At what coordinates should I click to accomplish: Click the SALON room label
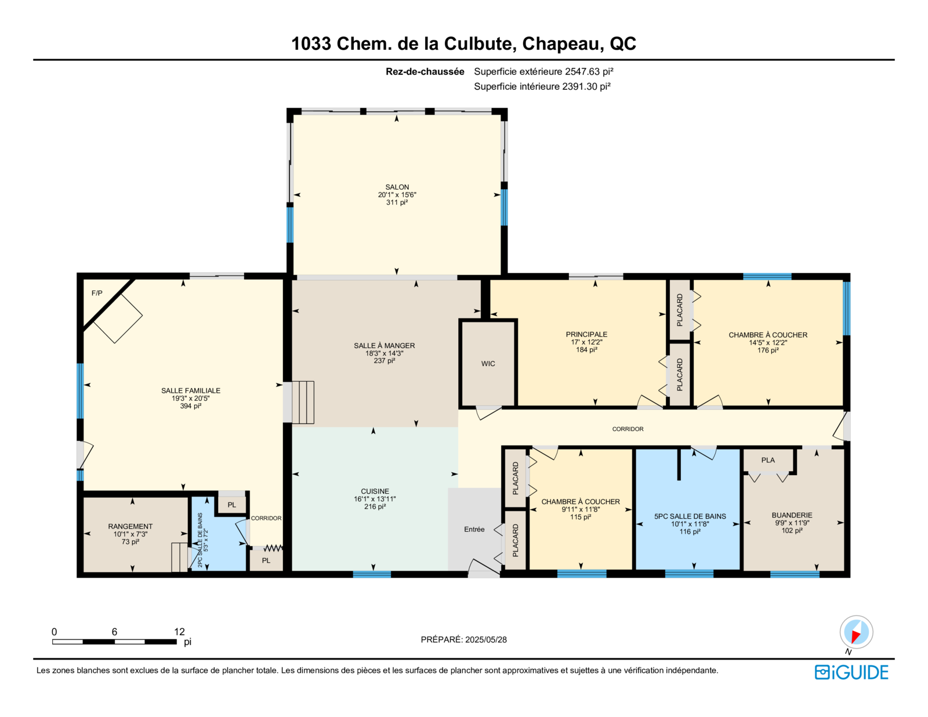pos(397,187)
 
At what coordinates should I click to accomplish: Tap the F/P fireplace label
pos(97,293)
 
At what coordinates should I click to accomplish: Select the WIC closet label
pos(488,363)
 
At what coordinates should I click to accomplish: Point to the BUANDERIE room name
pos(792,515)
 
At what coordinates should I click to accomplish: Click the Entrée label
pos(474,529)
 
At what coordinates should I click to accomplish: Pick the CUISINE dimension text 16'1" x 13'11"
pos(375,499)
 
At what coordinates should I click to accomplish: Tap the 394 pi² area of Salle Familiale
pos(190,405)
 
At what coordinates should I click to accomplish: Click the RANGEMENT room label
pos(130,526)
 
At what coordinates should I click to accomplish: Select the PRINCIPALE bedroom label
pos(586,334)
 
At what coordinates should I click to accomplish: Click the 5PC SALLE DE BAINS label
pos(690,516)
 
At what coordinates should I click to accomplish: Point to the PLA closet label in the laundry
pos(767,460)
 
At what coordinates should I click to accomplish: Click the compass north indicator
pos(856,632)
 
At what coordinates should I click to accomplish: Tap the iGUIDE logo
pos(851,672)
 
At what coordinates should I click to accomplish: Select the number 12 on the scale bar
pos(179,632)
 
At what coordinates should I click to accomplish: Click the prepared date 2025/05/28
pos(485,639)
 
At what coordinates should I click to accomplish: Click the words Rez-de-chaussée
pos(425,72)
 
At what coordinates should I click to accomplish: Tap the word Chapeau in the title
pos(563,44)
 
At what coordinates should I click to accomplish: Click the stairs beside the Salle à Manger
pos(303,402)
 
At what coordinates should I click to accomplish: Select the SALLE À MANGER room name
pos(384,346)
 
